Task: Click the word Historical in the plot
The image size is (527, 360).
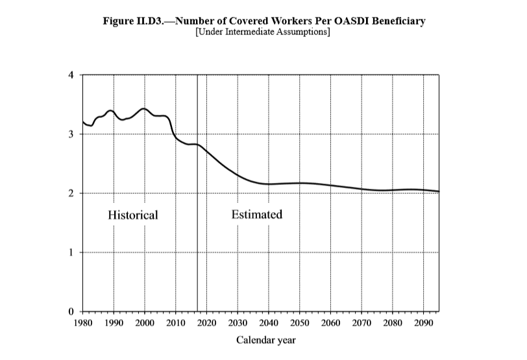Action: [x=133, y=215]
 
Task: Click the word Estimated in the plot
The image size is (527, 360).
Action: [x=257, y=214]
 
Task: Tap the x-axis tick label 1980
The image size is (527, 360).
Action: [x=82, y=322]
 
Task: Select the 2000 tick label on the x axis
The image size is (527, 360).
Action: [x=144, y=322]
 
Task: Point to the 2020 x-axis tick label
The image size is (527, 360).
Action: [x=206, y=322]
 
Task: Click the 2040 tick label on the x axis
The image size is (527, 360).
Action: [x=269, y=322]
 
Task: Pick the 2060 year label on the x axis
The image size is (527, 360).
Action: [x=330, y=322]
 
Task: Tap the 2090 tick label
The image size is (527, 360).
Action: [x=423, y=322]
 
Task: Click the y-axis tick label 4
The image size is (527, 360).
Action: [x=71, y=75]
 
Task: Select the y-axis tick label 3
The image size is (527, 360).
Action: [x=71, y=134]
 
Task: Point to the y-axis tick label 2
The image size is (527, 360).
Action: [x=71, y=193]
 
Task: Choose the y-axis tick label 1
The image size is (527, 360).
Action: [x=71, y=252]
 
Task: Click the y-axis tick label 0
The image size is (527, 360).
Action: [x=71, y=312]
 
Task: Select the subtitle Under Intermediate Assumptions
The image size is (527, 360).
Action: [x=263, y=32]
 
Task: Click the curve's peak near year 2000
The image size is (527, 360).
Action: [x=144, y=108]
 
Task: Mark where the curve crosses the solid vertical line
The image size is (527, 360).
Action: [x=197, y=145]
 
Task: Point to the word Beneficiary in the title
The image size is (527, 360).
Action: [x=397, y=21]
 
